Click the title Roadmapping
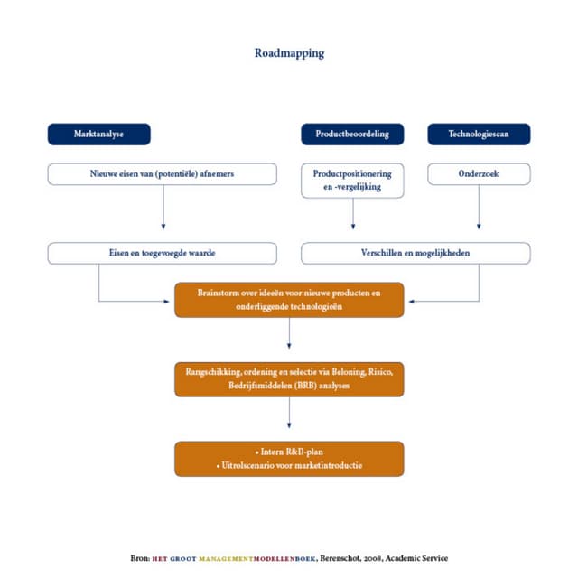click(289, 52)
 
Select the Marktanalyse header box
click(98, 134)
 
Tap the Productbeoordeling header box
click(352, 134)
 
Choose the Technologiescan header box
click(479, 134)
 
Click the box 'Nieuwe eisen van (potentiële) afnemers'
click(163, 173)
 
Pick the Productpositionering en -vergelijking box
click(352, 181)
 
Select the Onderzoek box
click(479, 173)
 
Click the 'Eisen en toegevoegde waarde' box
click(163, 253)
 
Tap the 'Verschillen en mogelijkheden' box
click(415, 253)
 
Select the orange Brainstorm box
click(289, 300)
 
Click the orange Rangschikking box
click(289, 379)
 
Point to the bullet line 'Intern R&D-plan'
click(289, 451)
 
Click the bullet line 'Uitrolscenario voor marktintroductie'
click(289, 465)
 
